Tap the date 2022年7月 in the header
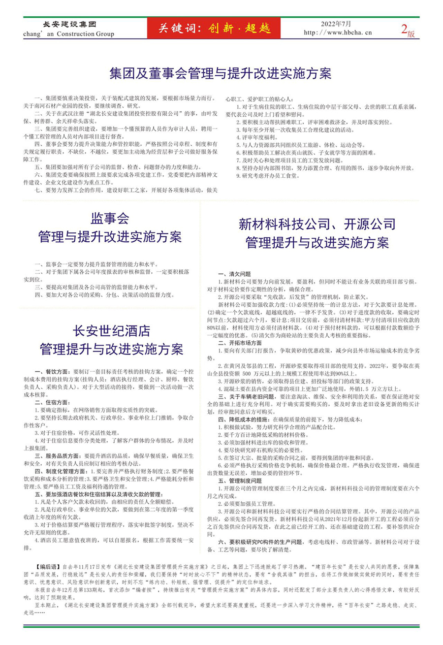(337, 23)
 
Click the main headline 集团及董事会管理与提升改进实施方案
(220, 73)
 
